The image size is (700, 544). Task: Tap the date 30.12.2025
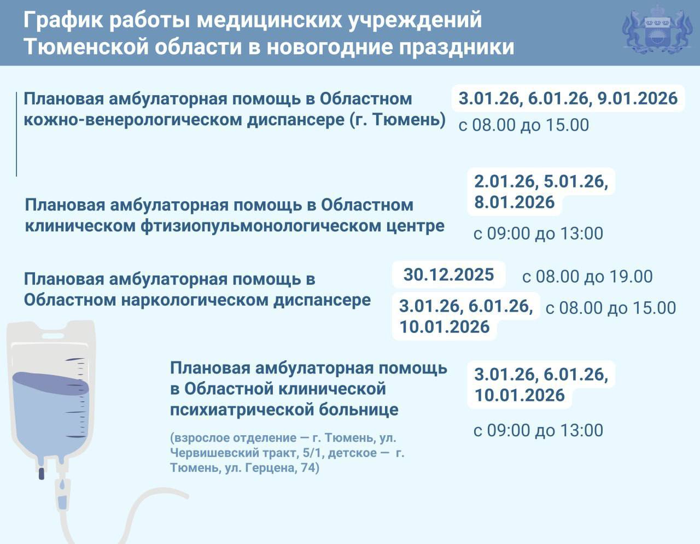pos(448,274)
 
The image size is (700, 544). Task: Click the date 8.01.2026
pos(514,202)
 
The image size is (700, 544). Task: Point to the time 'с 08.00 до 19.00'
pos(587,277)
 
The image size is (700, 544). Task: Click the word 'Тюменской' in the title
pos(84,47)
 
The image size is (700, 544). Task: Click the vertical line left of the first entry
pos(16,134)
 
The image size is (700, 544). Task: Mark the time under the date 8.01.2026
pos(538,234)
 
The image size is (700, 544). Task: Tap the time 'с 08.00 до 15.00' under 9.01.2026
pos(523,125)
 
